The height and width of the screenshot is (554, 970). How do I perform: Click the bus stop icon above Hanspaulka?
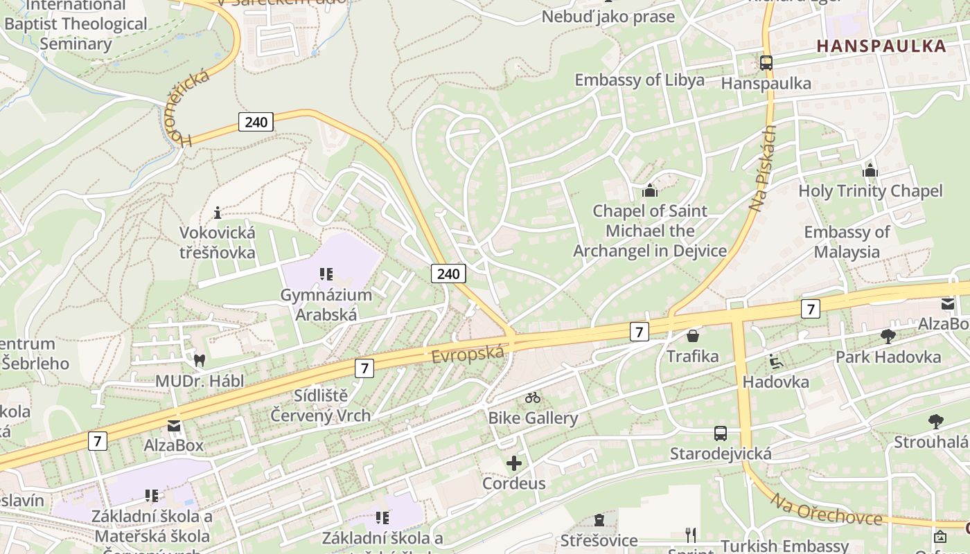tap(766, 62)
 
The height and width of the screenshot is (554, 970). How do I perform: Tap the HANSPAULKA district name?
tap(881, 46)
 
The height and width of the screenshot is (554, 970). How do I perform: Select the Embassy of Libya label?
tap(640, 80)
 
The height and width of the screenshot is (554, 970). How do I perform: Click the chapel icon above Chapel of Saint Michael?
tap(650, 190)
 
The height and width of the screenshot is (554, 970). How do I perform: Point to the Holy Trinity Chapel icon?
tap(870, 170)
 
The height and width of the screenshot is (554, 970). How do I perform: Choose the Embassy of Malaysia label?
tap(847, 242)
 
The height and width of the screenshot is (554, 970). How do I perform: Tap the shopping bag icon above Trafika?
tap(692, 336)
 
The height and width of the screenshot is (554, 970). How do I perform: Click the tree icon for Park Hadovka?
tap(888, 337)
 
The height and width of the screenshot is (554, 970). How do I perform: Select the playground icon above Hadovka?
tap(776, 361)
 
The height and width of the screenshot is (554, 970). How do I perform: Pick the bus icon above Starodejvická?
tap(721, 434)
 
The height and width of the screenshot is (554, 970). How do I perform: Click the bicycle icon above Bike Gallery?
tap(532, 397)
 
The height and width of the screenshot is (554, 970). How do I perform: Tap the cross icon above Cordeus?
tap(514, 463)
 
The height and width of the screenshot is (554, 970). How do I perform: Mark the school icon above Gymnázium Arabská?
tap(326, 274)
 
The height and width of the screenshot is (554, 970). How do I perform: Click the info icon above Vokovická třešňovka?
tap(218, 212)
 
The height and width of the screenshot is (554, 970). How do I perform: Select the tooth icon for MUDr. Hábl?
tap(200, 360)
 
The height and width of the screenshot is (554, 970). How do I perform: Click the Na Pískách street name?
tap(763, 168)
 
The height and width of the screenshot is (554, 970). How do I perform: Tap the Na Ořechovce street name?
tap(826, 510)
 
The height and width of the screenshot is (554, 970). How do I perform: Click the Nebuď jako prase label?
tap(608, 17)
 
